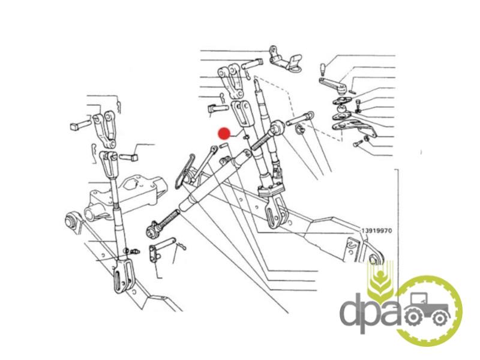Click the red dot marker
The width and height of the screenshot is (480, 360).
click(x=224, y=134)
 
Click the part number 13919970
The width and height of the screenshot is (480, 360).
click(x=376, y=230)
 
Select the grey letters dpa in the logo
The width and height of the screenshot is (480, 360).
click(x=370, y=311)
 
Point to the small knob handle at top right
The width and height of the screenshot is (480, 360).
click(x=323, y=69)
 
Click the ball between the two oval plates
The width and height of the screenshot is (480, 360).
click(x=340, y=109)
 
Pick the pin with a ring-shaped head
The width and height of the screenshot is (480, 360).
click(x=300, y=119)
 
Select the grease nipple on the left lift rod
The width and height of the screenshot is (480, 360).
click(x=134, y=251)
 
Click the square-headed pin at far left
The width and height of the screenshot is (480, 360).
click(x=80, y=125)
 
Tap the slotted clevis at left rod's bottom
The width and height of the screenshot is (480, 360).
click(x=122, y=277)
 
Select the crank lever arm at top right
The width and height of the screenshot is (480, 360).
click(x=333, y=85)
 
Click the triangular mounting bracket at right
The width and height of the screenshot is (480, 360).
click(x=355, y=128)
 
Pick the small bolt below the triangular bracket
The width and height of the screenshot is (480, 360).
click(x=357, y=143)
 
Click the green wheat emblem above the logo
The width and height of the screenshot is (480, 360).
click(x=380, y=279)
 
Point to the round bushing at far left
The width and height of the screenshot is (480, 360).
click(x=71, y=220)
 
